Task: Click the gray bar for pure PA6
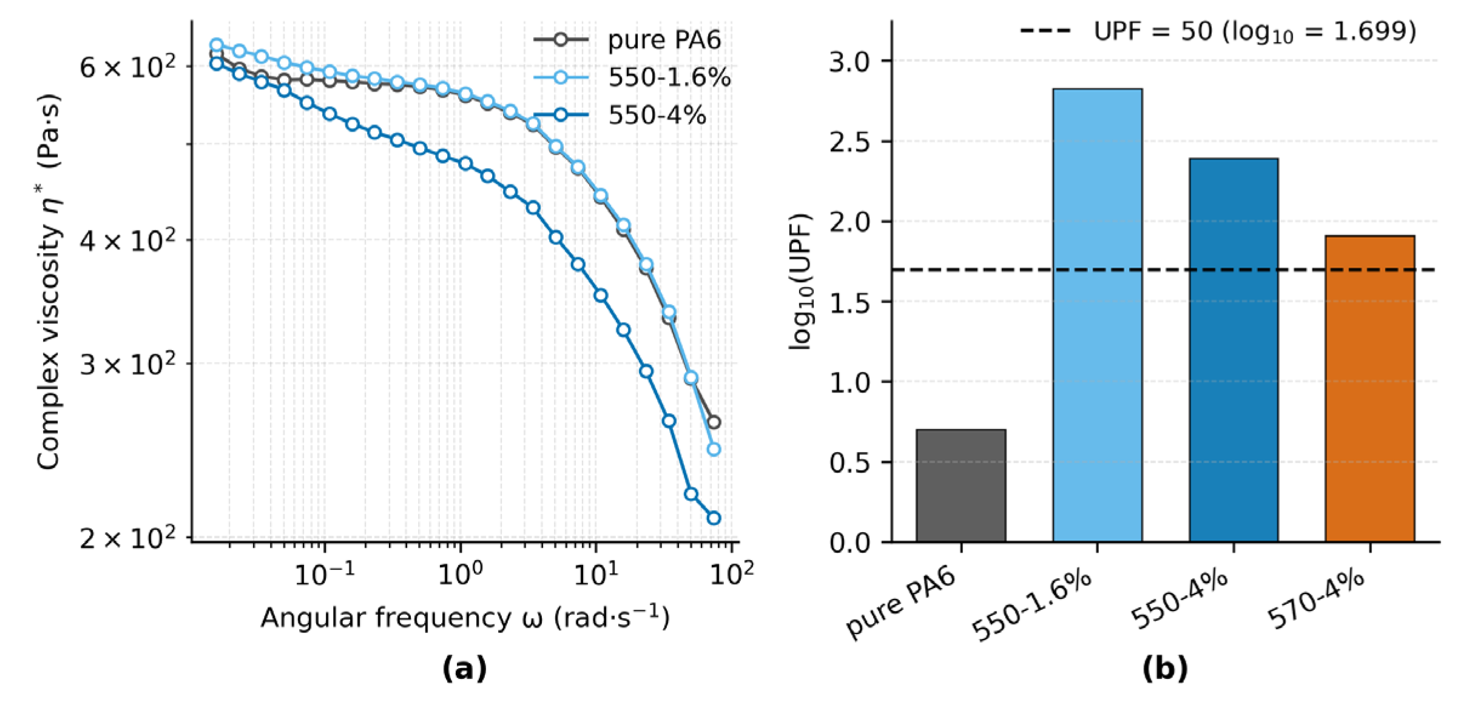(961, 485)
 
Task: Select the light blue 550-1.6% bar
(1097, 316)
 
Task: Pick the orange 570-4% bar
(1370, 388)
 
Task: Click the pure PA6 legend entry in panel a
(664, 40)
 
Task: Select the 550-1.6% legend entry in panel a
(669, 78)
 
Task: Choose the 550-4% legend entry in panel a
(657, 115)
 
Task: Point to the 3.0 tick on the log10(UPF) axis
(850, 61)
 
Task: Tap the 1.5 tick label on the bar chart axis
(850, 302)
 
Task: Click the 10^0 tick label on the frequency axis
(460, 574)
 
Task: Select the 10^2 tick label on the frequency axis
(732, 574)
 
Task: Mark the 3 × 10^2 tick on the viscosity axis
(127, 365)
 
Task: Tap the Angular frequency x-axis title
(465, 618)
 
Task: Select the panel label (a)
(465, 669)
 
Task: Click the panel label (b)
(1164, 669)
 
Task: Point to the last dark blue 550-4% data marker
(714, 518)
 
